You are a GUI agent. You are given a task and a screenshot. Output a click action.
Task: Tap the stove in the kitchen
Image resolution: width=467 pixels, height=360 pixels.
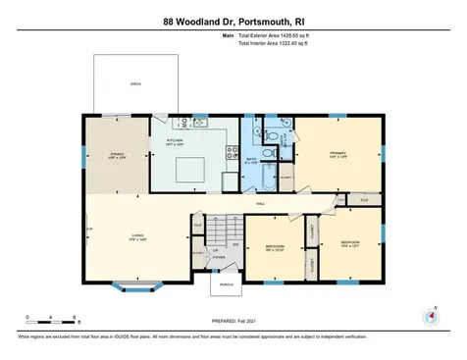[x=233, y=153]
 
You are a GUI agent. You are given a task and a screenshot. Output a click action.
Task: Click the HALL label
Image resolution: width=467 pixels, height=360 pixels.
[x=261, y=203]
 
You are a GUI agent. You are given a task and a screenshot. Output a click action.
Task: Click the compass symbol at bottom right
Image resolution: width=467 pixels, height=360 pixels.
[x=429, y=316]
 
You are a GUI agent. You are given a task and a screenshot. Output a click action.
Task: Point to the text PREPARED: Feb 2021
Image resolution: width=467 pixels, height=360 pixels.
[x=233, y=320]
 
